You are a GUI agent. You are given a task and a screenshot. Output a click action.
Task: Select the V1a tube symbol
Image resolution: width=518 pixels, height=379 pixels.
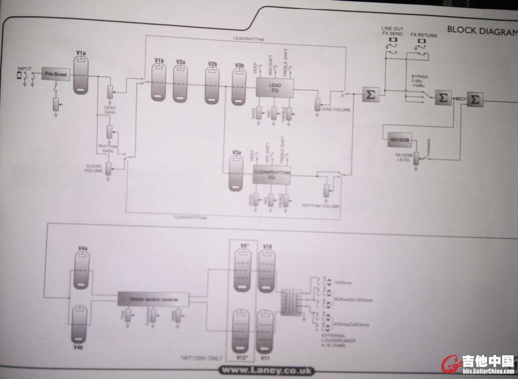pyautogui.click(x=81, y=75)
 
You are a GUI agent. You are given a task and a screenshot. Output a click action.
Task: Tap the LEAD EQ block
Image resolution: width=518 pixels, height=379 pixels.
pyautogui.click(x=274, y=88)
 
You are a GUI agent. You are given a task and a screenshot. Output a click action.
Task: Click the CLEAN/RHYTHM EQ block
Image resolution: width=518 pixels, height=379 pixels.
pyautogui.click(x=272, y=174)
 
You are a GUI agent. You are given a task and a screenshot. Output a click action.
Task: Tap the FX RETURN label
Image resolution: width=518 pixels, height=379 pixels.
pyautogui.click(x=423, y=36)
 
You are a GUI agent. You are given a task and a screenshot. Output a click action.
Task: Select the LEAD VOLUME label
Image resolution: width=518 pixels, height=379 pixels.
pyautogui.click(x=335, y=109)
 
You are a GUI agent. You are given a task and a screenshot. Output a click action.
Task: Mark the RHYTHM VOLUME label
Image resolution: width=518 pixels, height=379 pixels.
pyautogui.click(x=321, y=206)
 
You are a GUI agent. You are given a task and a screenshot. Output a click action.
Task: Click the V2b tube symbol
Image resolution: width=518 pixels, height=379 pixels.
pyautogui.click(x=212, y=85)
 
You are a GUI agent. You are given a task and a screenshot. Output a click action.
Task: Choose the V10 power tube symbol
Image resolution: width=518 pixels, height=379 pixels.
pyautogui.click(x=266, y=270)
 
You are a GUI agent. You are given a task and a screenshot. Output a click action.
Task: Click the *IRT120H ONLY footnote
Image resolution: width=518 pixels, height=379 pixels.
pyautogui.click(x=201, y=358)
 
